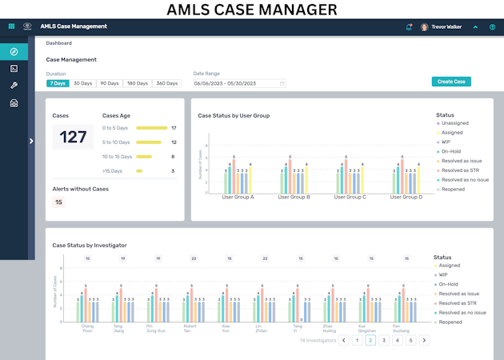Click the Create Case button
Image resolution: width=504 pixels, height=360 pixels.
coord(451,82)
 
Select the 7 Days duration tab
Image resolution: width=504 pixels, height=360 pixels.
coord(57,83)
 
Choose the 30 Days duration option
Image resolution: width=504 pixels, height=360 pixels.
coord(83,83)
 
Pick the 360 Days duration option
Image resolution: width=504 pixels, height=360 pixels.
coord(167,83)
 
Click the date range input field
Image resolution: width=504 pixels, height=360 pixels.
coord(238,83)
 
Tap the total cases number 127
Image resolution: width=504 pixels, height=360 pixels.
coord(73,138)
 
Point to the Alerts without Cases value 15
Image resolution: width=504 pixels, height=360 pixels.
coord(58,202)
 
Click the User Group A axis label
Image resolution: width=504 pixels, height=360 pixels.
coord(238,197)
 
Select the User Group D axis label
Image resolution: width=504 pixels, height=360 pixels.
coord(406,197)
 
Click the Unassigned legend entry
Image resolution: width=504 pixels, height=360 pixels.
coord(455,123)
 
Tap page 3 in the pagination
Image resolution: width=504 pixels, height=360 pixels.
coord(384,340)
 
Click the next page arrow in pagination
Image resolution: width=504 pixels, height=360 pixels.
coord(424,340)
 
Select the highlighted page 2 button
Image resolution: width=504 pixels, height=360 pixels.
coord(370,340)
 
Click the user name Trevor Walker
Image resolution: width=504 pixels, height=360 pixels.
coord(446,26)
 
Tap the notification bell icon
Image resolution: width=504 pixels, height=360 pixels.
coord(410,26)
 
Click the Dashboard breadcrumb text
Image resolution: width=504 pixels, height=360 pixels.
coord(59,43)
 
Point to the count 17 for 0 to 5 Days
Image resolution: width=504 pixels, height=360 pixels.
coord(174,128)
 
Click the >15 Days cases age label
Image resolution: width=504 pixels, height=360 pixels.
coord(113,171)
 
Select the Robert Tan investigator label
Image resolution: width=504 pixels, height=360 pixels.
coord(190,329)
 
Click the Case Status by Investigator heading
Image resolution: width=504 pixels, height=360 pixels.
coord(90,245)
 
